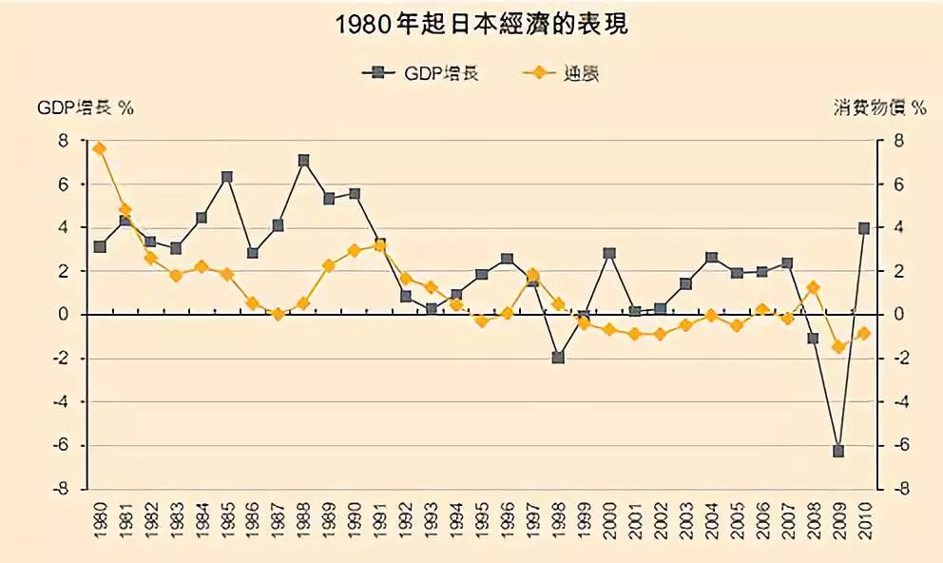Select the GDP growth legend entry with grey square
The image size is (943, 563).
pos(419,73)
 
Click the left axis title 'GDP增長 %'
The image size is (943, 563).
pos(86,107)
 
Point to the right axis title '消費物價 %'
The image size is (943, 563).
pos(876,107)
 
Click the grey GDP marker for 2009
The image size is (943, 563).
pos(838,451)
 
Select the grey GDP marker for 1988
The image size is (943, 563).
pos(303,161)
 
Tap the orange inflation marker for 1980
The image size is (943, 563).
pos(99,148)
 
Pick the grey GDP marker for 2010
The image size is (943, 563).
pos(864,228)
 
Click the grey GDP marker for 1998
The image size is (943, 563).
pos(558,358)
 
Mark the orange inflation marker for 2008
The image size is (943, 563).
pos(813,287)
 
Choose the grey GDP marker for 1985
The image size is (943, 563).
pos(227,177)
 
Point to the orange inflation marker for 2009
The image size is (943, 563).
pos(838,347)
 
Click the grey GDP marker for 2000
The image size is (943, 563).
pos(609,254)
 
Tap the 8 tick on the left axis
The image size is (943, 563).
pos(64,141)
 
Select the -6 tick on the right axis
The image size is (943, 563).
pos(903,445)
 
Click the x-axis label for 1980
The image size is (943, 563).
pos(100,521)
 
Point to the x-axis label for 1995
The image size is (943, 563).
pos(482,521)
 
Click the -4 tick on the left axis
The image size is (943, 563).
pos(62,401)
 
